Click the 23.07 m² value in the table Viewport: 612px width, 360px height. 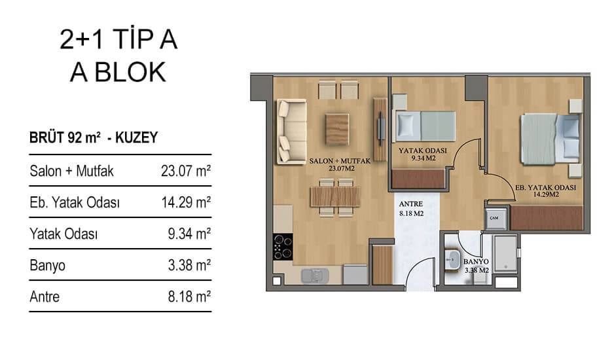point(186,171)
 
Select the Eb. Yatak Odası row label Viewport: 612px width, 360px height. point(75,203)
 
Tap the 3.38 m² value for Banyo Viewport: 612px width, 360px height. point(189,266)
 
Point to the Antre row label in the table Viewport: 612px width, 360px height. point(45,297)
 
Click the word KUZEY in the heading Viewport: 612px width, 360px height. point(136,137)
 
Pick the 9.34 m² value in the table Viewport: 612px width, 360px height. point(189,234)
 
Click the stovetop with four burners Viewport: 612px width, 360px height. point(283,247)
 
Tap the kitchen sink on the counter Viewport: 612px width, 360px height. point(315,276)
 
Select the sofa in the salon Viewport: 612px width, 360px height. point(291,132)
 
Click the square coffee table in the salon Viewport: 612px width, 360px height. point(337,129)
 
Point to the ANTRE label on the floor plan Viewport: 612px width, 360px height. point(411,204)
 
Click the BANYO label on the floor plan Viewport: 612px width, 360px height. point(476,262)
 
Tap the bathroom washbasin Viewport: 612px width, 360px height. point(453,259)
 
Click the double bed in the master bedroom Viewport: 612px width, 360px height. point(550,139)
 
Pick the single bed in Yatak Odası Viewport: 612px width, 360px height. point(425,126)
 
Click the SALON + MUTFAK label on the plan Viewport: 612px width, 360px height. point(340,161)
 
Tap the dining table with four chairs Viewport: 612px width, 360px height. point(335,197)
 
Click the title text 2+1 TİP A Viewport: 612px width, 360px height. point(118,39)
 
